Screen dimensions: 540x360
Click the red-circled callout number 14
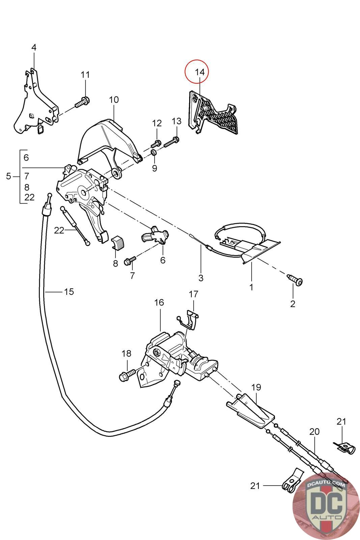(x=199, y=72)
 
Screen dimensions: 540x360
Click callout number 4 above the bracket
(x=34, y=48)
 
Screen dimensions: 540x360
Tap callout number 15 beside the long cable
(x=69, y=292)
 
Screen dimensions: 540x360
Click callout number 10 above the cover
(x=114, y=100)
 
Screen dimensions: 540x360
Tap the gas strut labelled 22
(x=75, y=224)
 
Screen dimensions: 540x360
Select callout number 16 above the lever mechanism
(x=159, y=303)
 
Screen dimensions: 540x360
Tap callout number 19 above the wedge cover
(x=256, y=387)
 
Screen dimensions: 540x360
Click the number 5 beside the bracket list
(x=8, y=176)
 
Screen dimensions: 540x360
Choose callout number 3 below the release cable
(x=201, y=278)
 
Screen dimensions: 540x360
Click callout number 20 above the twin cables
(x=314, y=432)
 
